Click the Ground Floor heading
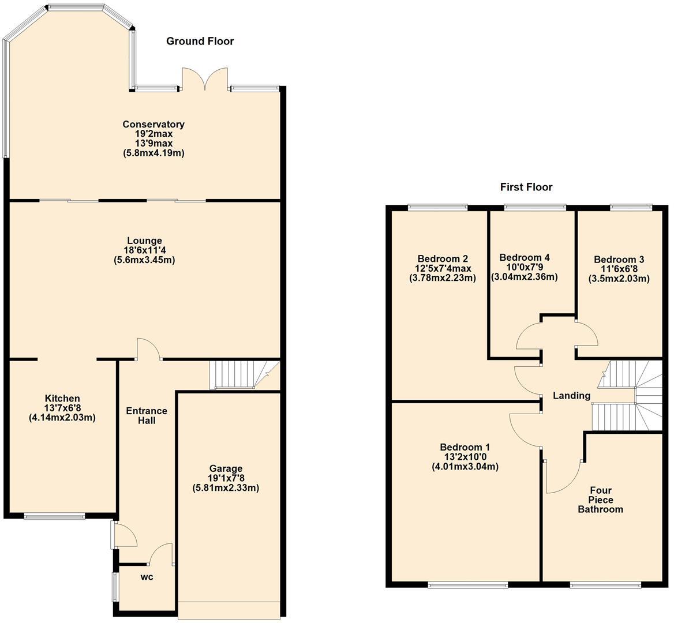(x=200, y=41)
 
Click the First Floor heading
(x=526, y=187)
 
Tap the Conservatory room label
(x=153, y=125)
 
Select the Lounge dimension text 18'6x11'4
(x=144, y=250)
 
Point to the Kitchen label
(x=62, y=399)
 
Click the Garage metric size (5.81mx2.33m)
(x=226, y=488)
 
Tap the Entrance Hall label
(x=147, y=415)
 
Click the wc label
(x=147, y=577)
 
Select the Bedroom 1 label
(x=465, y=448)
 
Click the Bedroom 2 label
(x=443, y=258)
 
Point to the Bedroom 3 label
(x=619, y=260)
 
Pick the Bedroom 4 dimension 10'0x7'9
(x=524, y=267)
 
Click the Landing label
(x=571, y=396)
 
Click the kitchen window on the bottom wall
(x=55, y=516)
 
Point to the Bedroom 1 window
(x=468, y=585)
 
